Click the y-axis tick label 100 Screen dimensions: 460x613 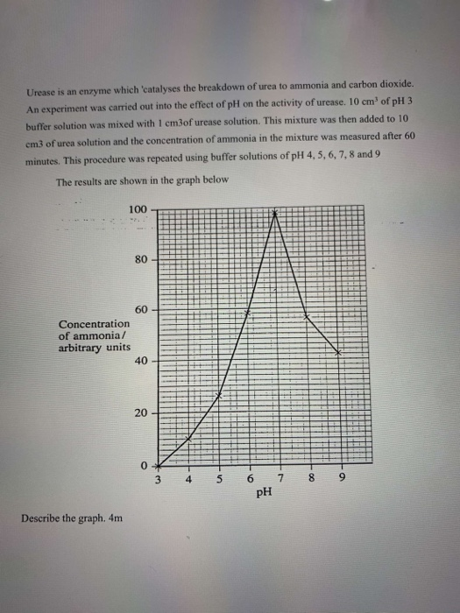click(x=138, y=208)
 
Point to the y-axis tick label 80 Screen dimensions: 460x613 click(x=141, y=259)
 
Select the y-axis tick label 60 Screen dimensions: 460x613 click(x=141, y=310)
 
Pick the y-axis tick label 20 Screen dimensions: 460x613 click(x=141, y=412)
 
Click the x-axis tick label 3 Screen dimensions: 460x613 click(x=159, y=478)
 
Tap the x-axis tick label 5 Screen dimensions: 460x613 click(x=219, y=478)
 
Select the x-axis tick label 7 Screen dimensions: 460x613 click(x=280, y=478)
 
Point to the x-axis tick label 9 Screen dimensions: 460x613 click(x=341, y=478)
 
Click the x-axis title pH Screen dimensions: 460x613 click(x=264, y=492)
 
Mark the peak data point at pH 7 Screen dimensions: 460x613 click(x=277, y=213)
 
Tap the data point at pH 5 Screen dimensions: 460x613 click(x=219, y=395)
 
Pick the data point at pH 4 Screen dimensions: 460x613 click(x=188, y=437)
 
